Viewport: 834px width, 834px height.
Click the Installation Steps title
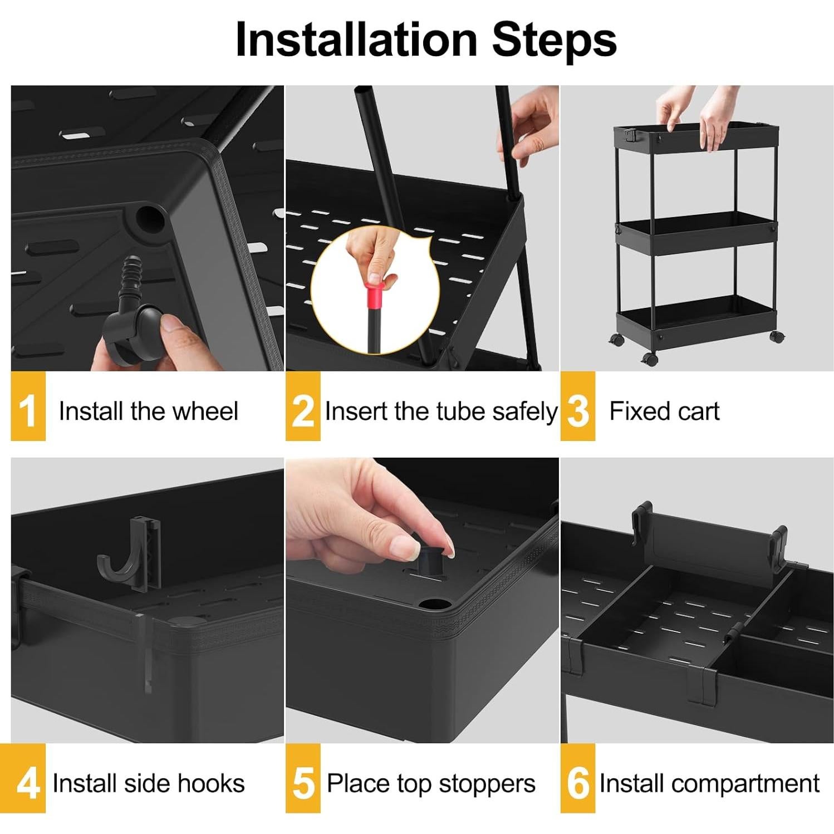426,40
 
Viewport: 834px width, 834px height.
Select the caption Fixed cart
664,411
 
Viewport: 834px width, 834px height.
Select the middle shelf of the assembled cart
696,233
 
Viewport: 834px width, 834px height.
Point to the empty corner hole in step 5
435,604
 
